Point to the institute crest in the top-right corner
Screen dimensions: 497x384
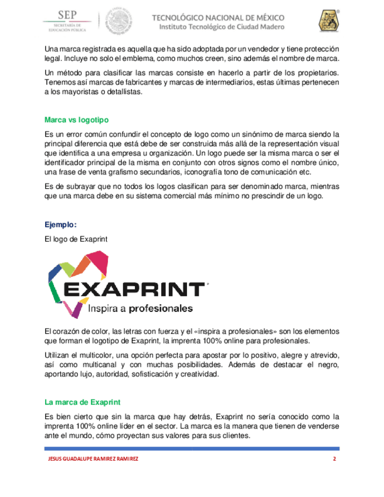(328, 21)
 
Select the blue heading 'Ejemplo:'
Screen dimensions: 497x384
(60, 224)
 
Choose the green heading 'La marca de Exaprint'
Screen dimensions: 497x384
(83, 402)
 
